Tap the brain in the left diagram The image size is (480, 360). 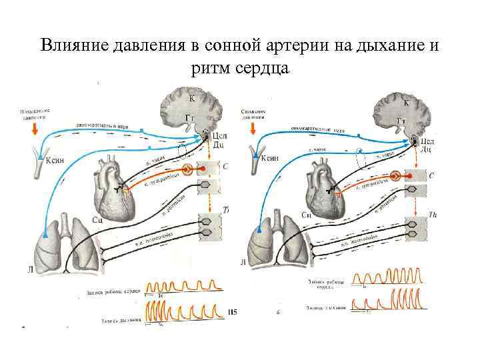tap(191, 107)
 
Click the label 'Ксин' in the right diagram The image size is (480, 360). tap(269, 159)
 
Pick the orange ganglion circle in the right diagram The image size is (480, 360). tap(395, 177)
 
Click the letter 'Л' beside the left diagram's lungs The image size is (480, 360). tap(31, 269)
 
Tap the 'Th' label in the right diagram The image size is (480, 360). tap(433, 215)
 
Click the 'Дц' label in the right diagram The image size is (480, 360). tap(425, 149)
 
